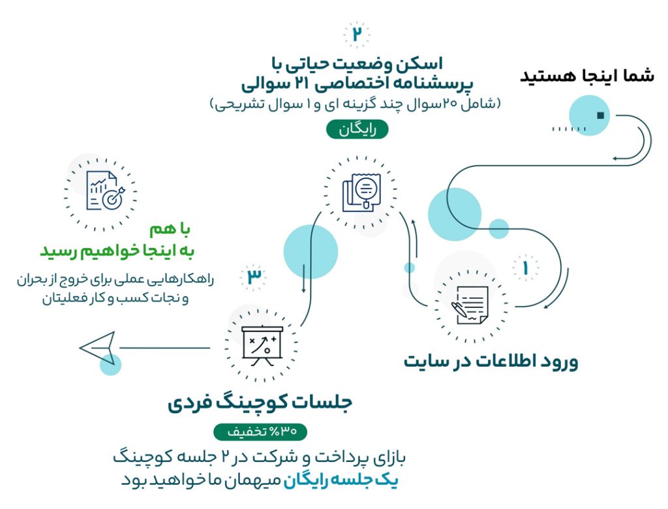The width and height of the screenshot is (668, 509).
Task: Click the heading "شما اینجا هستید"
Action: point(586,76)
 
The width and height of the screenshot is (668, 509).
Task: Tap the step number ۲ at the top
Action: point(357,33)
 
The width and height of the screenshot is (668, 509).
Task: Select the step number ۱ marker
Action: point(525,268)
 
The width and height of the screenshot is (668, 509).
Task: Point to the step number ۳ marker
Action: point(254,276)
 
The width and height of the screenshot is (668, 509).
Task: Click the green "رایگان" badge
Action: point(357,129)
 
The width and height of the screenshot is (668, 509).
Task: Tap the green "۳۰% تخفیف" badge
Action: point(260,431)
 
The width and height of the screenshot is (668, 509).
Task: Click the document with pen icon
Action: point(470,305)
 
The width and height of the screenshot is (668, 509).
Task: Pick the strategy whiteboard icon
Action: point(262,346)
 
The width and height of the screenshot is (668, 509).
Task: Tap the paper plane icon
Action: point(98,348)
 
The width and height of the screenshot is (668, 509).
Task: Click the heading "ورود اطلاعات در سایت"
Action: point(491,362)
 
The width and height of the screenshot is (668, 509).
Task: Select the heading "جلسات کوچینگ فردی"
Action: point(260,403)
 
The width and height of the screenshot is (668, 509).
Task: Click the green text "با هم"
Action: point(170,229)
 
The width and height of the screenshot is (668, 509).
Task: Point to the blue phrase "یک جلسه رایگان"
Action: point(341,480)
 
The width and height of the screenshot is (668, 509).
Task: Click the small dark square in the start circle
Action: point(601,116)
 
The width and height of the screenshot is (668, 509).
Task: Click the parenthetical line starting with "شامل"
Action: point(356,104)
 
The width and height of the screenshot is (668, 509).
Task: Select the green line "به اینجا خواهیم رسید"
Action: point(117,250)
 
